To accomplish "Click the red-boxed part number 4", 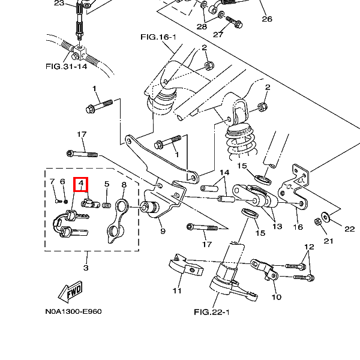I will coord(81,184).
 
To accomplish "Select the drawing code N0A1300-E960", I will coord(73,312).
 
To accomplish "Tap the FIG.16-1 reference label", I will coord(158,37).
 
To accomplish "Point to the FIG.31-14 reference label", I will coord(66,66).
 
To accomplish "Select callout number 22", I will coord(349,229).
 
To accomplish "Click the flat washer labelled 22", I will coord(326,215).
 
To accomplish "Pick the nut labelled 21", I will coord(317,224).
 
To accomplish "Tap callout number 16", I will coord(298,227).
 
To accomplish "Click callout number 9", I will coord(163,231).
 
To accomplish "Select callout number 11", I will coord(177,291).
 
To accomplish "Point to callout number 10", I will coord(276,297).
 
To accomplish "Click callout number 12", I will coord(309,247).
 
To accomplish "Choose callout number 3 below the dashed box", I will coord(85,267).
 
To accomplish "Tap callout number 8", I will coord(124,185).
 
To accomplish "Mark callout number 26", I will coord(267,19).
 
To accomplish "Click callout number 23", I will coord(59,3).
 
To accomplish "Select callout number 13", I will coord(277,226).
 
